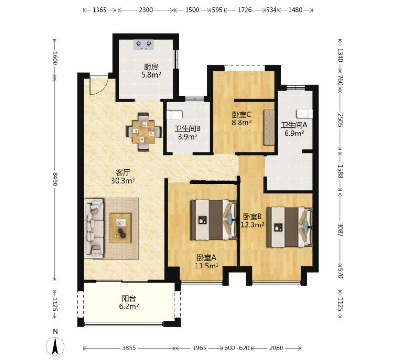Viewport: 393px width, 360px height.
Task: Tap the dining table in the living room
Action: point(144,132)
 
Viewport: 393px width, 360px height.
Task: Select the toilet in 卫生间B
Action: point(175,115)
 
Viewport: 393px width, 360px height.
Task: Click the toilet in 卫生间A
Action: point(304,113)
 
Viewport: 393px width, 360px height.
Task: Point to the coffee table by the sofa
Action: point(120,228)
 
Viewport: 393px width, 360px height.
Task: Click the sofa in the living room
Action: point(94,228)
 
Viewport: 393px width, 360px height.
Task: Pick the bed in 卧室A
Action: point(214,220)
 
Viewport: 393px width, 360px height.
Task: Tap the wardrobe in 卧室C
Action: point(269,127)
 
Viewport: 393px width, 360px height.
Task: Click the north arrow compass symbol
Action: point(55,347)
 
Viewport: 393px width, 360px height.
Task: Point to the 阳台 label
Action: point(129,298)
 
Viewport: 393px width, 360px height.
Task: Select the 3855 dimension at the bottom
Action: point(129,348)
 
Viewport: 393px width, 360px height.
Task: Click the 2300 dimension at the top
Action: point(146,10)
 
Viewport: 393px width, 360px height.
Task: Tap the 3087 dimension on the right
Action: point(340,230)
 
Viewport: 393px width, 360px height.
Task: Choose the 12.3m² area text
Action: point(253,225)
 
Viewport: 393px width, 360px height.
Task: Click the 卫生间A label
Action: point(294,125)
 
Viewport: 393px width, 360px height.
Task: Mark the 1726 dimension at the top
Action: point(245,10)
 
